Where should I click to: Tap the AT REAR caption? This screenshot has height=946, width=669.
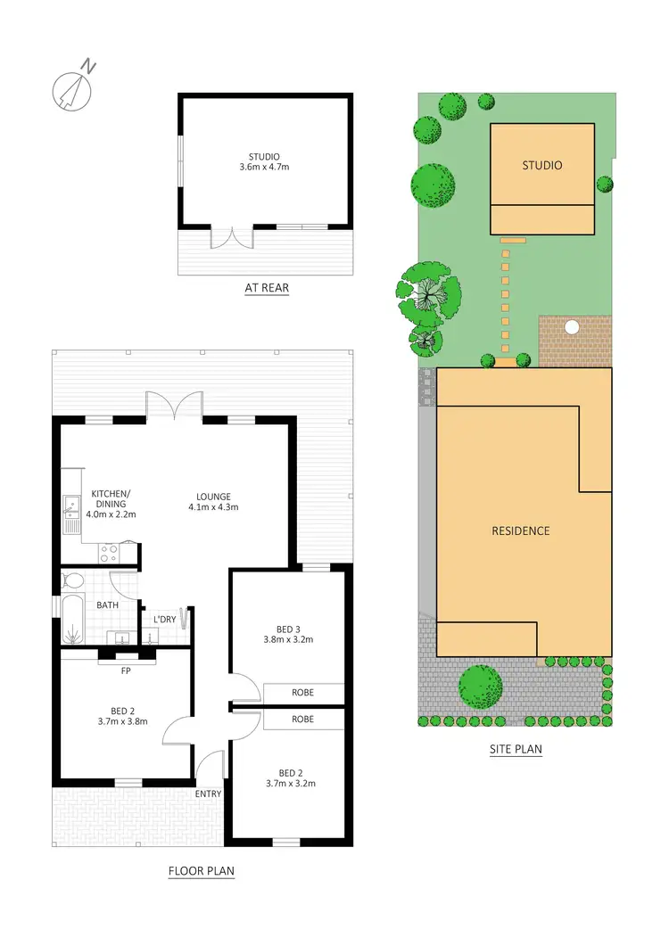(267, 288)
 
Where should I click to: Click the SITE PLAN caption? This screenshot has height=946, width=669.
(516, 750)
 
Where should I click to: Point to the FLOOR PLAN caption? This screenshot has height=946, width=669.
(202, 871)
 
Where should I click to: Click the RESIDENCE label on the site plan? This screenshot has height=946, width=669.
(521, 531)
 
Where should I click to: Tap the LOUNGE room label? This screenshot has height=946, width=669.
(213, 497)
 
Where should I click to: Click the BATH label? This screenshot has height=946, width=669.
(108, 605)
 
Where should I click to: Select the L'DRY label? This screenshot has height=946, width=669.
(164, 619)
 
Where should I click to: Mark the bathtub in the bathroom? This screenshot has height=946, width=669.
(71, 619)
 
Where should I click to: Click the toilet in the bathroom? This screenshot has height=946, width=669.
(75, 581)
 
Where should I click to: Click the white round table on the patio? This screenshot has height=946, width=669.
(572, 327)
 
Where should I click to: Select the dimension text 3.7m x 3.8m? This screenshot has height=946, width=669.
(122, 722)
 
